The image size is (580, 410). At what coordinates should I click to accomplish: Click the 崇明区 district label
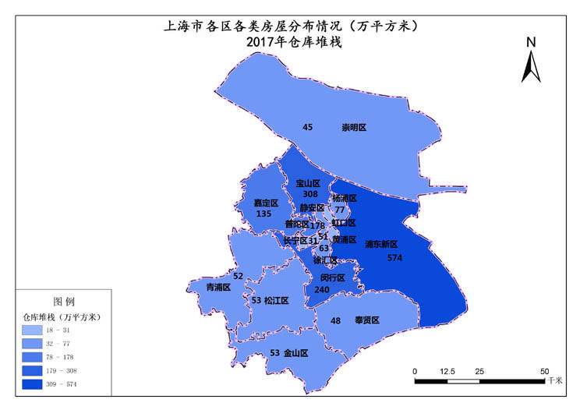click(354, 127)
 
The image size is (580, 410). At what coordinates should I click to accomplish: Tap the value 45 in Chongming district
click(307, 127)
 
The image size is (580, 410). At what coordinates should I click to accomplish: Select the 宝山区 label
click(309, 183)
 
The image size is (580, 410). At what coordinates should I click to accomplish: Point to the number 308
click(309, 194)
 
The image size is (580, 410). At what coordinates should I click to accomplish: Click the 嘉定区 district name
click(266, 203)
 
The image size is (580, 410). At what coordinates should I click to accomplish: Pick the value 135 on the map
click(263, 214)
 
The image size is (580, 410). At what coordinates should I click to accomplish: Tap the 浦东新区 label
click(381, 244)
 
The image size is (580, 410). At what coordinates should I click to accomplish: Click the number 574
click(395, 257)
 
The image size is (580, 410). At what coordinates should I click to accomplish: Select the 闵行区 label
click(332, 277)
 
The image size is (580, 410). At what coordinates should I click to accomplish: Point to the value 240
click(322, 288)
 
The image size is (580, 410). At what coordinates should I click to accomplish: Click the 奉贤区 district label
click(366, 320)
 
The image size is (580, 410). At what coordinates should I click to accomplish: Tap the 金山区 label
click(295, 353)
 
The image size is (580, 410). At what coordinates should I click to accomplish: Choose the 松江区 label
click(276, 300)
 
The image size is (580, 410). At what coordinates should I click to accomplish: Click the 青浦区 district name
click(218, 287)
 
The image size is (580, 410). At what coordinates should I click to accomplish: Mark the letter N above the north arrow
click(530, 42)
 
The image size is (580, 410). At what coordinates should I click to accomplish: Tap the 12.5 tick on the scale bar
click(447, 371)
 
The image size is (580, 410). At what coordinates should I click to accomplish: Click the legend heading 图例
click(64, 301)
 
